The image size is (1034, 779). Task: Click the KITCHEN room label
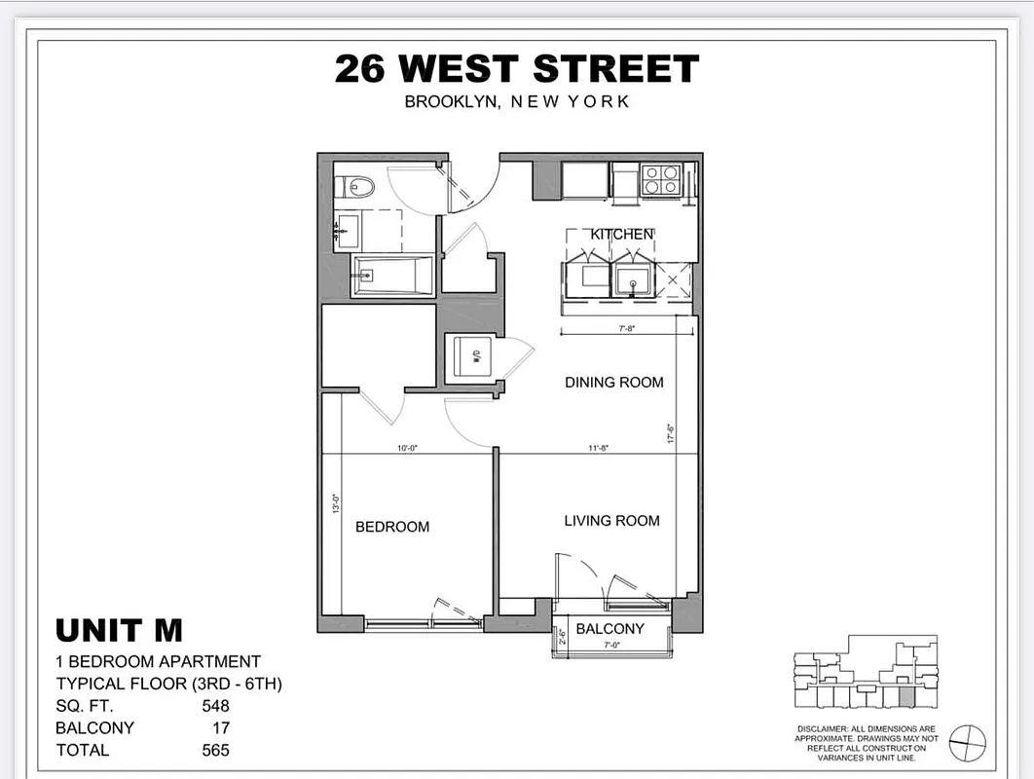click(x=622, y=235)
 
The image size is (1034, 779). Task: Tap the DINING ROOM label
click(x=613, y=383)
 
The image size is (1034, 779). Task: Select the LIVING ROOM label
click(x=611, y=521)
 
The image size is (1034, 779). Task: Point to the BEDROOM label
click(x=392, y=527)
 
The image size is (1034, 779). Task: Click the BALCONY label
click(x=609, y=629)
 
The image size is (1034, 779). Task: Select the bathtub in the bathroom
click(x=391, y=276)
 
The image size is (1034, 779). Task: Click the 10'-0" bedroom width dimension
click(x=408, y=449)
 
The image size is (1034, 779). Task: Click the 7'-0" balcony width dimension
click(x=610, y=646)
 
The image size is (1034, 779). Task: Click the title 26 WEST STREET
click(x=516, y=69)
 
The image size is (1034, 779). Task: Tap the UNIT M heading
click(x=119, y=631)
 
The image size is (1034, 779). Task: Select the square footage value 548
click(x=216, y=706)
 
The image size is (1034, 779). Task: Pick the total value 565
click(x=216, y=750)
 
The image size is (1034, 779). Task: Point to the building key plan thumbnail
click(x=866, y=672)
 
